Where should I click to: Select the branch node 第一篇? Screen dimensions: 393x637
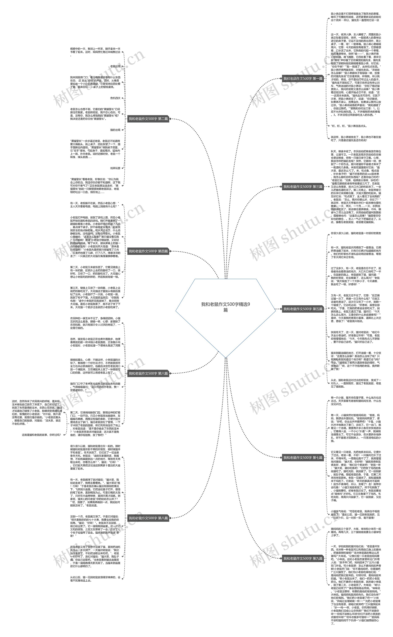click(303, 78)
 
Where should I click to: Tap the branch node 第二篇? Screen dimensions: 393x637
click(148, 119)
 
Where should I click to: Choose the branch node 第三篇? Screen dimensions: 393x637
click(303, 187)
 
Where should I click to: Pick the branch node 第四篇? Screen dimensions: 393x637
click(148, 251)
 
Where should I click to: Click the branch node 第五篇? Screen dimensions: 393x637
click(303, 309)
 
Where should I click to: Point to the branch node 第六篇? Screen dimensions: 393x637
click(148, 374)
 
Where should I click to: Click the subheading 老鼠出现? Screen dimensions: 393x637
click(115, 66)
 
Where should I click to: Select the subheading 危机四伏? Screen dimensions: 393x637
click(115, 98)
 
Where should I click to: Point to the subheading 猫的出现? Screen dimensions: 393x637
click(115, 130)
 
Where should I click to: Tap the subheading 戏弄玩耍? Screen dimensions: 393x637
click(115, 168)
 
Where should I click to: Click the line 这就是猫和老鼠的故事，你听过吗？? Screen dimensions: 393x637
click(41, 435)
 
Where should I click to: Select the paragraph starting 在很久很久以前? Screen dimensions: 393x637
click(356, 235)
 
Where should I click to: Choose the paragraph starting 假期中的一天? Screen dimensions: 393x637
click(95, 50)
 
